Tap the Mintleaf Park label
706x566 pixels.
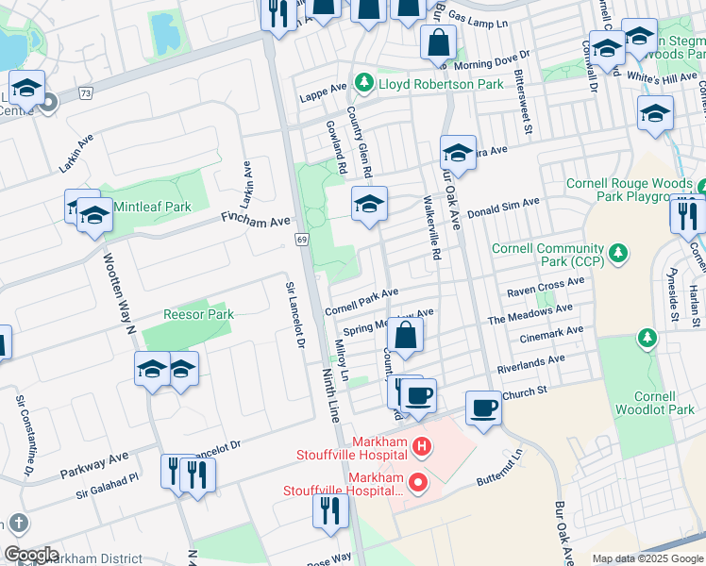point(152,206)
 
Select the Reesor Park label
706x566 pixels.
point(198,313)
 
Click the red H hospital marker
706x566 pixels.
point(423,444)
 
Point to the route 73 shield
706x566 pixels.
point(87,92)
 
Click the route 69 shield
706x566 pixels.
point(302,241)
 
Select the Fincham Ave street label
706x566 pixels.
point(255,221)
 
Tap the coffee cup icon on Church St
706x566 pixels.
point(483,408)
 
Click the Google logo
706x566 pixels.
point(31,555)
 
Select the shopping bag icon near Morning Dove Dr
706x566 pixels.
point(439,42)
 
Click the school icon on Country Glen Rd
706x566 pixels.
point(370,204)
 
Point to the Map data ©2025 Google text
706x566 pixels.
point(647,558)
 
